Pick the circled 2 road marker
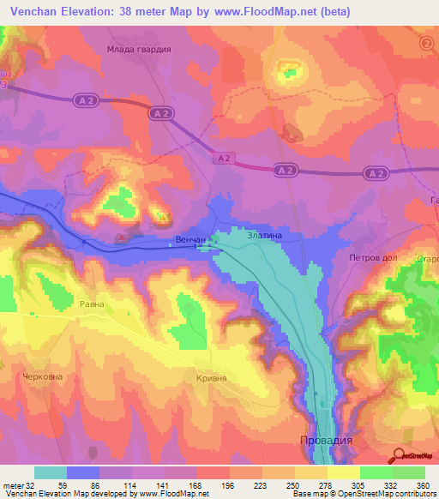427,43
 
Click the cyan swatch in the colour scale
50,472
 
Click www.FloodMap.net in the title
269,12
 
